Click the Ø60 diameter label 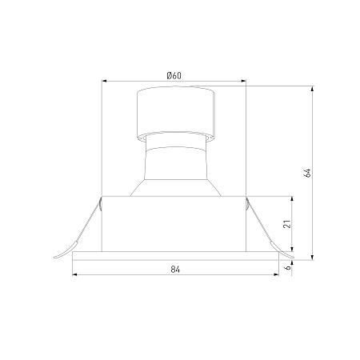[x=174, y=76]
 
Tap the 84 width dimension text [x=175, y=270]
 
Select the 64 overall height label [x=307, y=173]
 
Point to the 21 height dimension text [x=287, y=224]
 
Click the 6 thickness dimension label [x=288, y=267]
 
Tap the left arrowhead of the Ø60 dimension [x=105, y=81]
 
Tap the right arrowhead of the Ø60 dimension [x=243, y=81]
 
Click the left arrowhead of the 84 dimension [x=75, y=274]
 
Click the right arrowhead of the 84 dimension [x=276, y=274]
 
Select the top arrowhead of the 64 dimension [x=313, y=89]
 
